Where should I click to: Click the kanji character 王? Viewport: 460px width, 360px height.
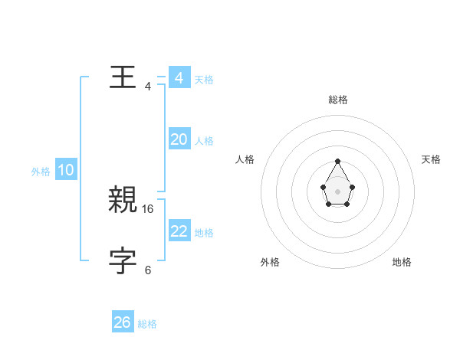point(123,77)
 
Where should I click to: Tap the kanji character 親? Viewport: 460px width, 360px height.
point(123,200)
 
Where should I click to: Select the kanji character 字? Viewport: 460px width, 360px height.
point(123,261)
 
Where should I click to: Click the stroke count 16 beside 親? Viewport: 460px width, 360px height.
point(148,208)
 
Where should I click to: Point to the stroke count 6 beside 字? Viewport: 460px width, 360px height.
point(148,270)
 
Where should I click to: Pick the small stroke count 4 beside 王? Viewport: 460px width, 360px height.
point(148,86)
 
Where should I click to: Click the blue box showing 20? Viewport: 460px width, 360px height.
point(179,139)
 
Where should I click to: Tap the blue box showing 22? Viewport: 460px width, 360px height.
point(179,231)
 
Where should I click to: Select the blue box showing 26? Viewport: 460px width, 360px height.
point(123,322)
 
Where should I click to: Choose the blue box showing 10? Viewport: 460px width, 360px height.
point(66,171)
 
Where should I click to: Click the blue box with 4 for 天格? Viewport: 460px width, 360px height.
point(179,78)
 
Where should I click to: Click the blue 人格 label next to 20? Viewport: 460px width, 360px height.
point(204,141)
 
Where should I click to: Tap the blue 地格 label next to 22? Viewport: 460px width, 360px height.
point(204,233)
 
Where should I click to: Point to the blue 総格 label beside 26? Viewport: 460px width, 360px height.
point(147,324)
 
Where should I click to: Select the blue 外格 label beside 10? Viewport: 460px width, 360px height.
point(41,172)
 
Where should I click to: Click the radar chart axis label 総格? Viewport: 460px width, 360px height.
point(337,100)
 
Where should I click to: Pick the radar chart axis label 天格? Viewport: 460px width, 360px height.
point(431,159)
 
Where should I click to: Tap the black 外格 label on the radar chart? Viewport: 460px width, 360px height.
point(270,262)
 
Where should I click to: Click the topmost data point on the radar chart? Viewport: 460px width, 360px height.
point(337,162)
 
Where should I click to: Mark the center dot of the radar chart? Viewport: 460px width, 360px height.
point(337,190)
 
